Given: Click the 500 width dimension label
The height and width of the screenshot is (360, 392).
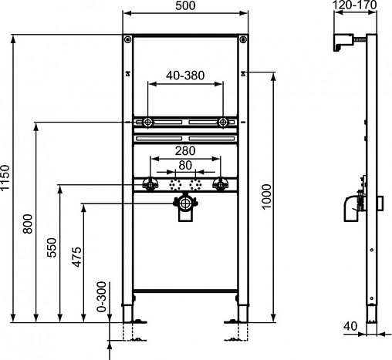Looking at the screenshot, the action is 185,5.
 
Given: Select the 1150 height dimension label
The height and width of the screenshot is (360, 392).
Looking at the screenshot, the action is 5,177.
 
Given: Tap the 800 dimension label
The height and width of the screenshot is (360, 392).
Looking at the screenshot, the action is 28,224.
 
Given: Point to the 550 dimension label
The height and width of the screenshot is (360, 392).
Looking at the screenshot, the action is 52,247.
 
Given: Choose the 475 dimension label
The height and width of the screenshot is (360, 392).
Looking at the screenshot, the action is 76,257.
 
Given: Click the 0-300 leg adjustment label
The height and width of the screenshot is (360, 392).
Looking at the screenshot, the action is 102,297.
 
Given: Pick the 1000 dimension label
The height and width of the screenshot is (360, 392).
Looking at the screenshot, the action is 266,197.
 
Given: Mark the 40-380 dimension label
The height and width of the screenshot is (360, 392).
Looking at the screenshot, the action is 185,76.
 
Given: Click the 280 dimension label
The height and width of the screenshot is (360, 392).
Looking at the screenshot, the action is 185,151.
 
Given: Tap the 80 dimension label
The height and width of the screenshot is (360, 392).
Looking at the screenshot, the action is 185,165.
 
